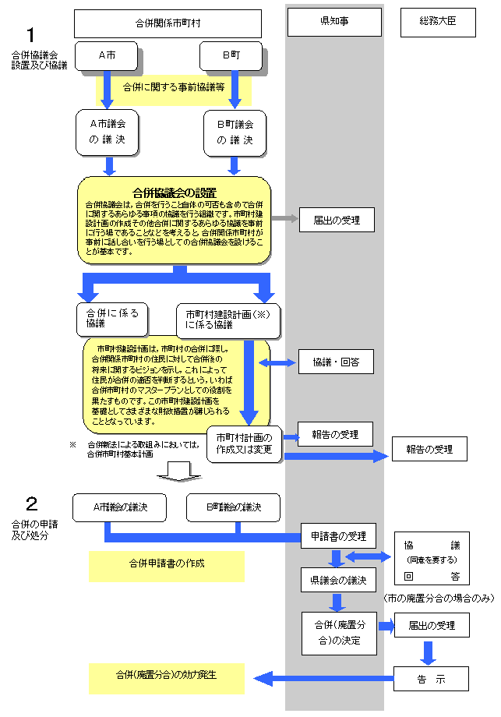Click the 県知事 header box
[334, 23]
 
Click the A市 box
[108, 56]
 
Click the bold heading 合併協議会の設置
[174, 192]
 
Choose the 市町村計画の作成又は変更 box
[244, 443]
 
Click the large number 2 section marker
[31, 503]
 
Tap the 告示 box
[431, 679]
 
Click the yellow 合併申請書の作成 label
[167, 563]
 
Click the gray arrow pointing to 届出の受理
[285, 219]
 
